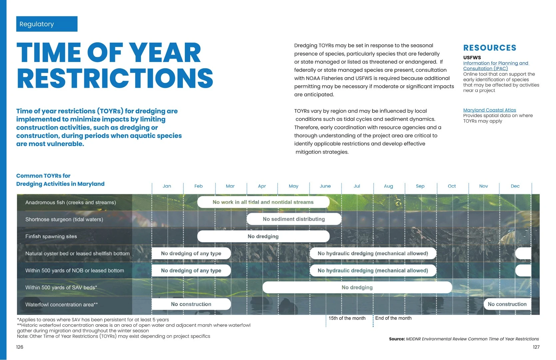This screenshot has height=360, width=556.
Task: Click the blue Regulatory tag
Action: click(47, 24)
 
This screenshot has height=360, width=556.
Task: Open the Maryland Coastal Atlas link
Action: click(489, 110)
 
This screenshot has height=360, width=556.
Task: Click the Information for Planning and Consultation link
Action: click(496, 66)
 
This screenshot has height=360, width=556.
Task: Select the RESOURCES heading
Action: click(490, 48)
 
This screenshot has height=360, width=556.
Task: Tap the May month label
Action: click(293, 186)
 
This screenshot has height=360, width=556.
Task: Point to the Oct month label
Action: click(452, 186)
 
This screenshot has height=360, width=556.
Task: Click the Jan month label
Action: click(167, 186)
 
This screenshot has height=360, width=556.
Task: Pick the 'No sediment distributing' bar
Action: click(294, 219)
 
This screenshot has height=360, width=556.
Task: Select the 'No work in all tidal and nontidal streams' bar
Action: click(264, 202)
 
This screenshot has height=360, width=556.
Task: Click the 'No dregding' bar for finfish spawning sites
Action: click(264, 236)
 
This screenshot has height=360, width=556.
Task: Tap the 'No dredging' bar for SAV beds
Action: click(357, 287)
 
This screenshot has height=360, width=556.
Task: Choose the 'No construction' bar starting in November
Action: click(507, 304)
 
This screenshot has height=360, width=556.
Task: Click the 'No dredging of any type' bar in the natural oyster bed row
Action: click(191, 253)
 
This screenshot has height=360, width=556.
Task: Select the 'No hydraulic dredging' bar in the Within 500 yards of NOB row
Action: click(373, 270)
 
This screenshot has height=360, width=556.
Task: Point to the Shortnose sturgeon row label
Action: click(64, 219)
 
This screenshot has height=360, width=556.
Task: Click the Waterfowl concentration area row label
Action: click(62, 305)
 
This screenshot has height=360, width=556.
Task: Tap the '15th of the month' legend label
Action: click(347, 318)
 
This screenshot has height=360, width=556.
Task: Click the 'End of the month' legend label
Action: click(393, 318)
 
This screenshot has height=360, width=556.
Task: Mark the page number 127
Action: click(536, 347)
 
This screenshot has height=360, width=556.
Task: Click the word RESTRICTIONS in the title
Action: click(115, 78)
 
